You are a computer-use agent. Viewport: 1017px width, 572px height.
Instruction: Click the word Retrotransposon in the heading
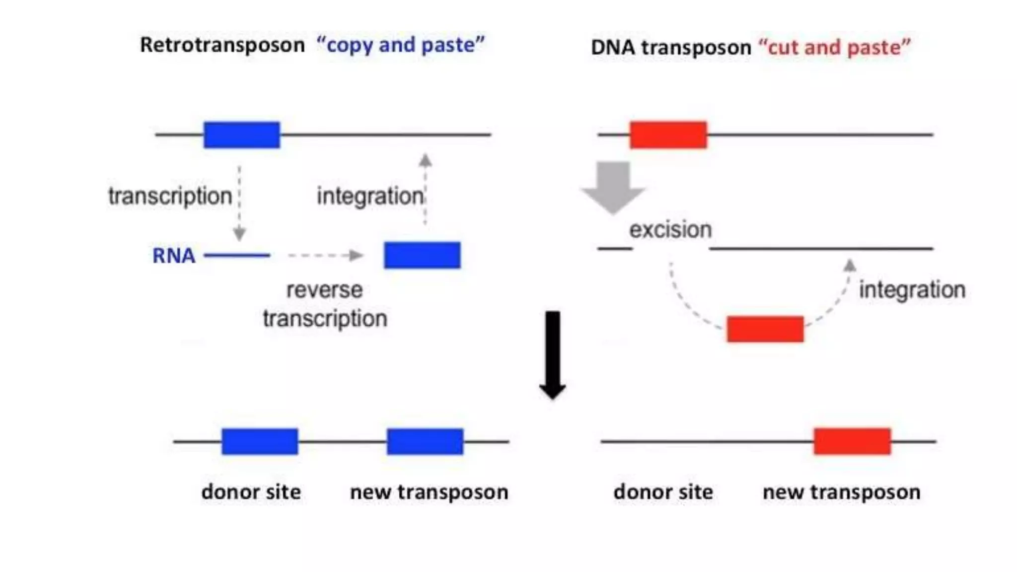coord(222,45)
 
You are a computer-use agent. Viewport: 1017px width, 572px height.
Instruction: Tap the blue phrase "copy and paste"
coord(400,45)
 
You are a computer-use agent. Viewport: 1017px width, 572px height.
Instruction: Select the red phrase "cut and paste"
coord(834,48)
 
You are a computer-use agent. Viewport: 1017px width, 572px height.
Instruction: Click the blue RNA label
coord(173,256)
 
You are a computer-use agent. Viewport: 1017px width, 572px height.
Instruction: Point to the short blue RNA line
coord(236,255)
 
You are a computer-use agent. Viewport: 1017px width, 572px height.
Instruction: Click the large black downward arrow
coord(552,355)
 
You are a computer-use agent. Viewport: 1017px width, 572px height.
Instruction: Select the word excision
coord(670,230)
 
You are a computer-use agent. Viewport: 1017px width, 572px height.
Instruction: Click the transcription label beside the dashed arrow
coord(170,196)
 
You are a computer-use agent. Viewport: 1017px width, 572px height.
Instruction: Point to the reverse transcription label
coord(325,304)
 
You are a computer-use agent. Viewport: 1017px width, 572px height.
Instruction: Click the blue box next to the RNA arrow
coord(422,255)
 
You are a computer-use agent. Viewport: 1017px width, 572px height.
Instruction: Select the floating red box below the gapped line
coord(765,329)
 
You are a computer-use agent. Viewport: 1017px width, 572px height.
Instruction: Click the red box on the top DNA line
coord(668,135)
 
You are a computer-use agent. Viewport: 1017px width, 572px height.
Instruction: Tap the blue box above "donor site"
coord(260,441)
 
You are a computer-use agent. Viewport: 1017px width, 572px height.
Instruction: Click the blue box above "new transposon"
coord(425,441)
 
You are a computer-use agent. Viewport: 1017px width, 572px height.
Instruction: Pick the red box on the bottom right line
coord(852,441)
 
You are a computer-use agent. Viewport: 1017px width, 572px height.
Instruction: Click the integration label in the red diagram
coord(912,289)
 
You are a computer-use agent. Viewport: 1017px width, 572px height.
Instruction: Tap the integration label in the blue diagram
coord(370,196)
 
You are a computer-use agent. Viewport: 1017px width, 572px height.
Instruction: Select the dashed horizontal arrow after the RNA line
coord(325,255)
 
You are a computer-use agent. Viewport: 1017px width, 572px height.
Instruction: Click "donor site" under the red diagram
coord(663,492)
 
